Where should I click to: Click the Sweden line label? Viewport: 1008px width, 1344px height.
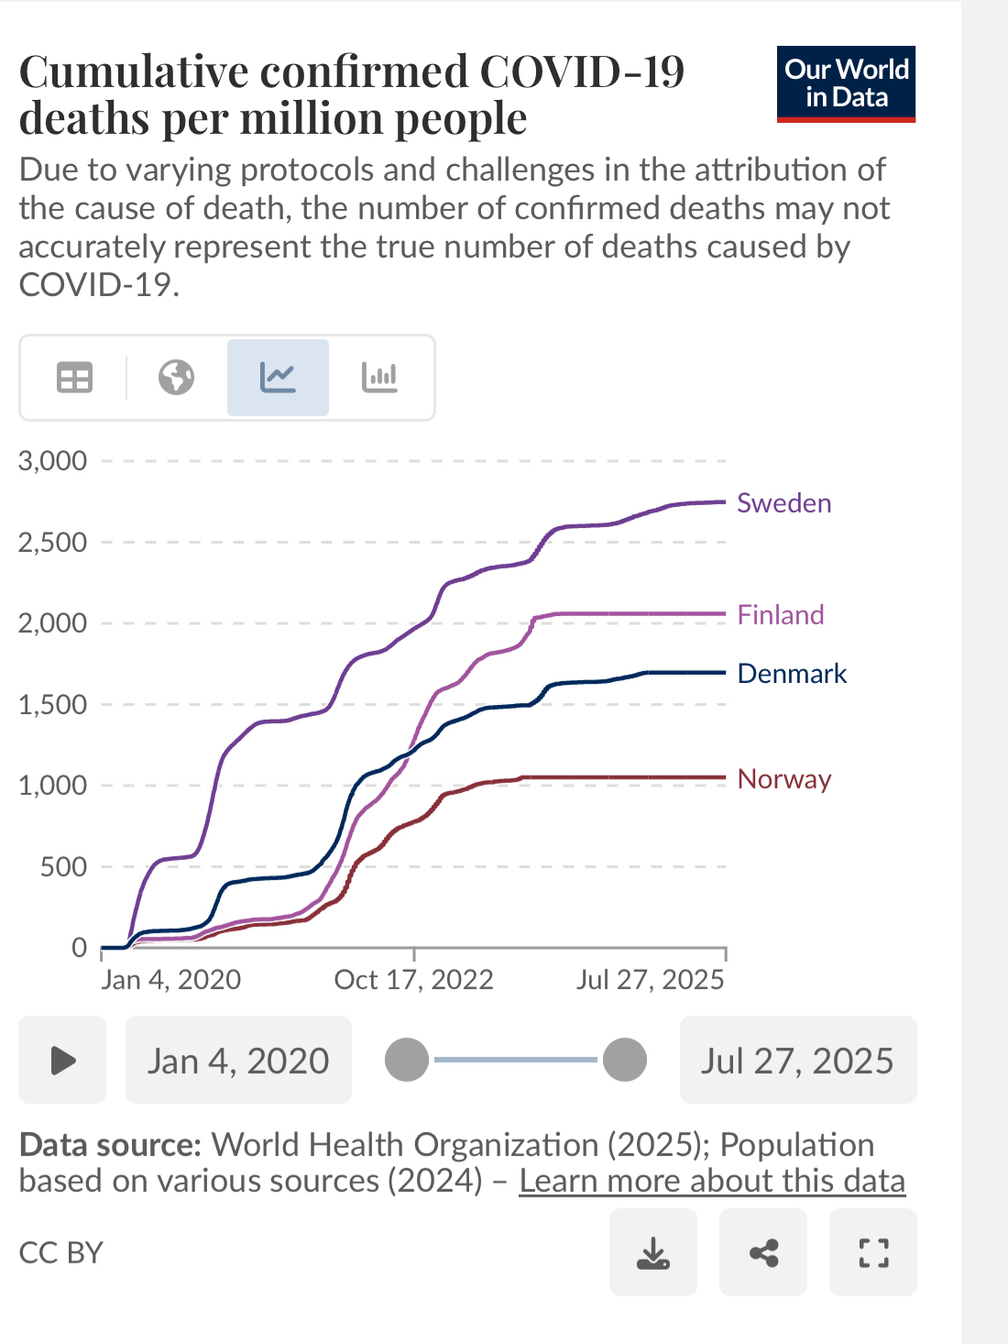pyautogui.click(x=783, y=503)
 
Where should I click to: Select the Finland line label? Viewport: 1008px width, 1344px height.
pyautogui.click(x=781, y=615)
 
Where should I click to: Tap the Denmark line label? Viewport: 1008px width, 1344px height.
pyautogui.click(x=792, y=674)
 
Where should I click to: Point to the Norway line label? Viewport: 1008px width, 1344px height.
pyautogui.click(x=784, y=779)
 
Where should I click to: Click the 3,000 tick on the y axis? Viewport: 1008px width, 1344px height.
pyautogui.click(x=53, y=460)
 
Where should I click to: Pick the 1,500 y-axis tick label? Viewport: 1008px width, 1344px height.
pyautogui.click(x=53, y=704)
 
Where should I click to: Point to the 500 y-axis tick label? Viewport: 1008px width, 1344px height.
pyautogui.click(x=63, y=866)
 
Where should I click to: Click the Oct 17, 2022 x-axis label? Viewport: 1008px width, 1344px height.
pyautogui.click(x=413, y=980)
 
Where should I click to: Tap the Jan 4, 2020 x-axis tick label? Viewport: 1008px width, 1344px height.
pyautogui.click(x=171, y=980)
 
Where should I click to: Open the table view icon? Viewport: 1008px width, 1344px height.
pyautogui.click(x=74, y=378)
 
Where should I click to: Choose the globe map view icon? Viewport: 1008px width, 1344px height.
pyautogui.click(x=176, y=378)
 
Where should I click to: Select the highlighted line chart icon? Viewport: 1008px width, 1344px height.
pyautogui.click(x=278, y=378)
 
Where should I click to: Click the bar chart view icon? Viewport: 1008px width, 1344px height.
pyautogui.click(x=379, y=378)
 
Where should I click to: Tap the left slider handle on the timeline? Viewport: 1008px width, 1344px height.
pyautogui.click(x=407, y=1060)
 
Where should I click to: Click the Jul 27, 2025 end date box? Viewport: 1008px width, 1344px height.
pyautogui.click(x=797, y=1060)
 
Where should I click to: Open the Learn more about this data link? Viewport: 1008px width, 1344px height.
pyautogui.click(x=712, y=1181)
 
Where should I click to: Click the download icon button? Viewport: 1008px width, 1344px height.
pyautogui.click(x=653, y=1252)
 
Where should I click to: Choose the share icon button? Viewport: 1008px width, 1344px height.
pyautogui.click(x=763, y=1252)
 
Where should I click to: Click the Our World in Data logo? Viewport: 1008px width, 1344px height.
pyautogui.click(x=846, y=83)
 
